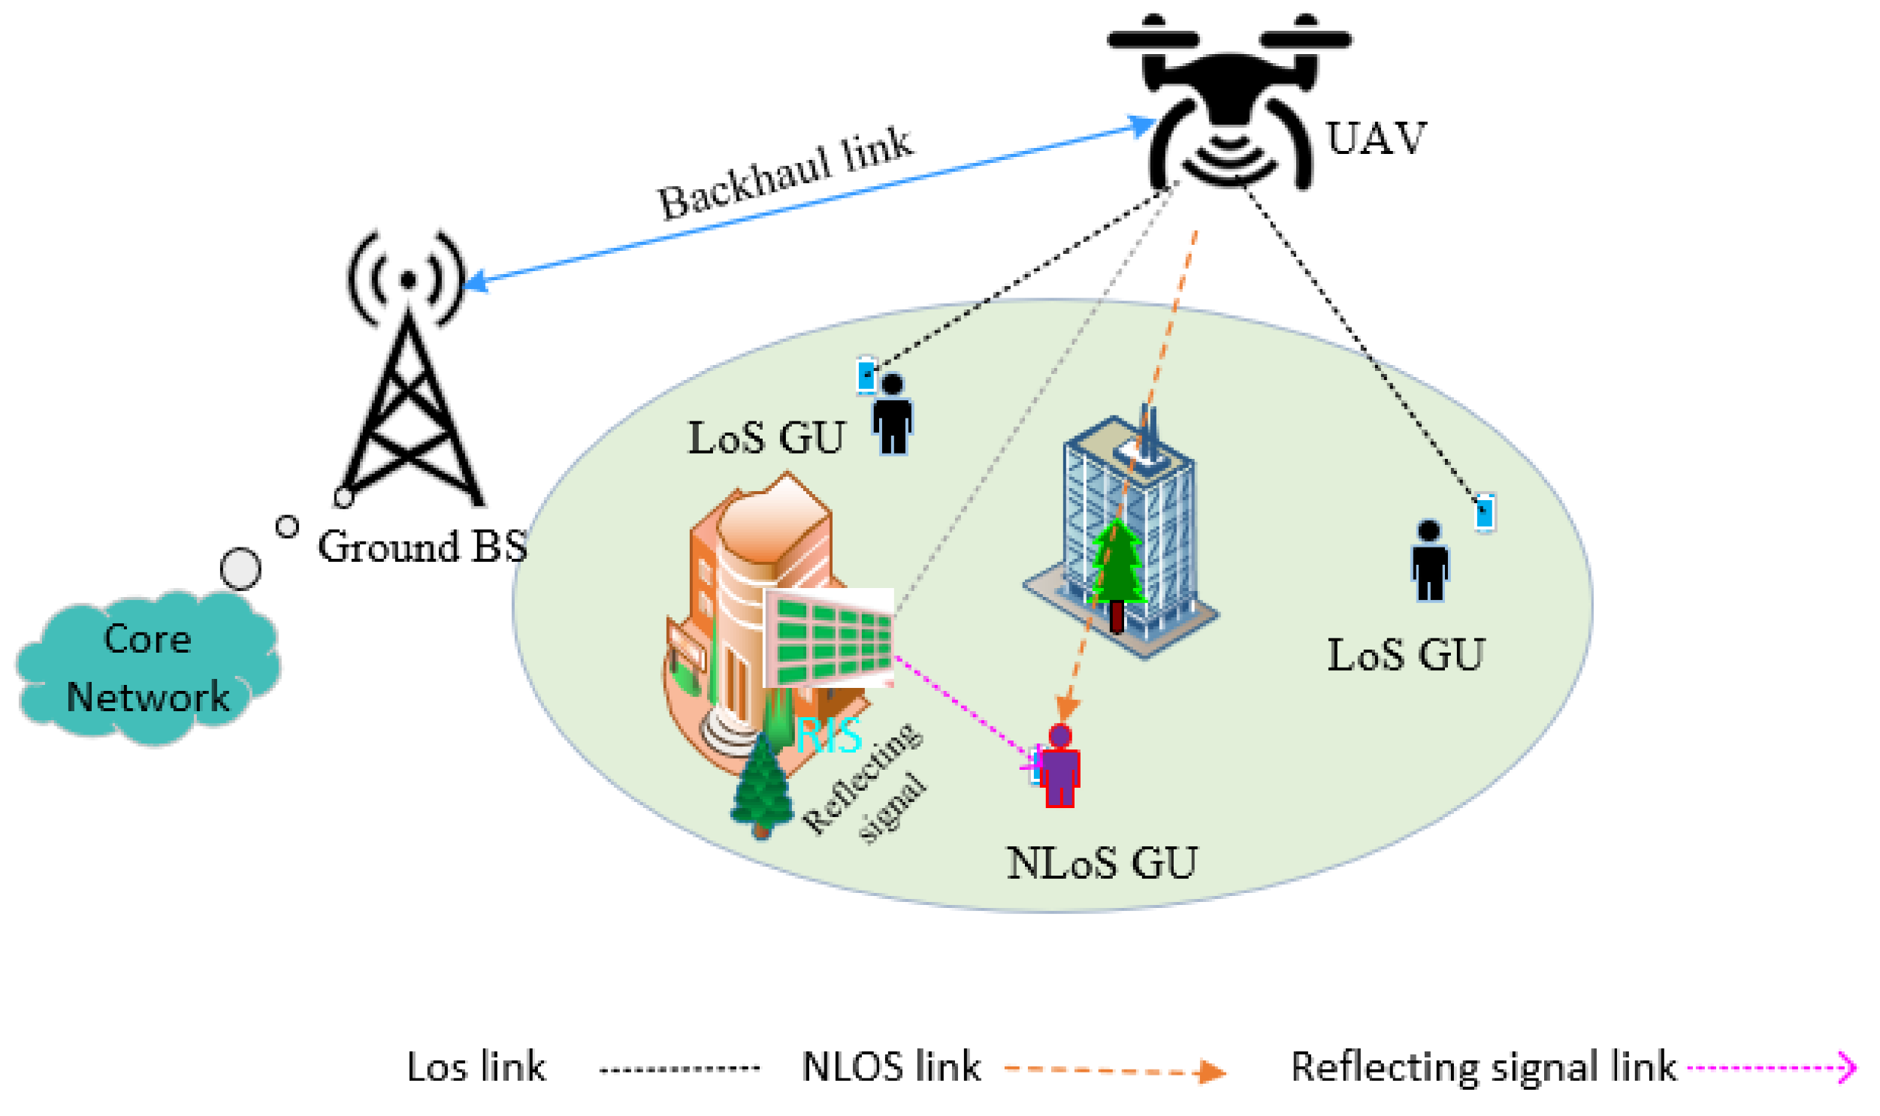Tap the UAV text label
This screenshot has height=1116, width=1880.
tap(1374, 139)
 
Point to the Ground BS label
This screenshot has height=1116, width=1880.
tap(422, 547)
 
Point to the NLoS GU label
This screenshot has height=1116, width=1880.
tap(1102, 864)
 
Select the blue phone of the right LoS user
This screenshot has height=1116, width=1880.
tap(1483, 514)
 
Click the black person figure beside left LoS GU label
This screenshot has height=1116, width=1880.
tap(892, 415)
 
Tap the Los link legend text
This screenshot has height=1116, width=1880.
tap(476, 1067)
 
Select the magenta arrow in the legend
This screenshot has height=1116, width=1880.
tap(1772, 1067)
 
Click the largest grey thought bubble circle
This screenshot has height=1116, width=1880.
tap(240, 569)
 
